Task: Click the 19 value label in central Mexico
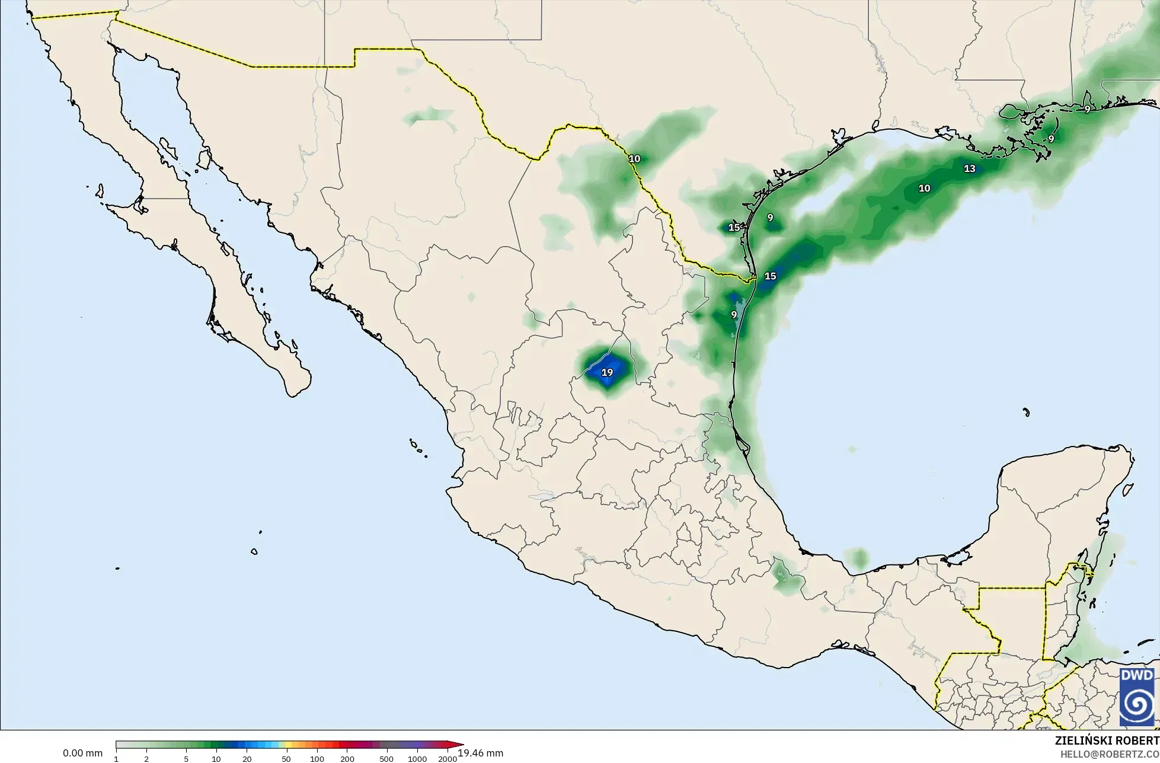pos(607,373)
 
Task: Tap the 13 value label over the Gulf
pos(970,169)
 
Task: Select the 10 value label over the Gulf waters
pos(924,189)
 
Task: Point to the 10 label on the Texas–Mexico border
pos(634,159)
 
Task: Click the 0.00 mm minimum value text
pos(82,754)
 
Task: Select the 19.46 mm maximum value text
pos(480,754)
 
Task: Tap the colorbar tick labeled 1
pos(116,758)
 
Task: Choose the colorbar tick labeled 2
pos(146,758)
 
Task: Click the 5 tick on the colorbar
pos(186,758)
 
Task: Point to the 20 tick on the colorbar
pos(247,758)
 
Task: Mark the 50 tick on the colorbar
pos(286,758)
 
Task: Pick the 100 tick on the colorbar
pos(317,758)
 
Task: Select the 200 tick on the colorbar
pos(347,758)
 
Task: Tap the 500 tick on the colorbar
pos(386,758)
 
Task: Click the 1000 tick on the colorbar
pos(417,758)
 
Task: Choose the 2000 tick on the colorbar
pos(448,758)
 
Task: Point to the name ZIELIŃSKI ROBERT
pos(1107,740)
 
